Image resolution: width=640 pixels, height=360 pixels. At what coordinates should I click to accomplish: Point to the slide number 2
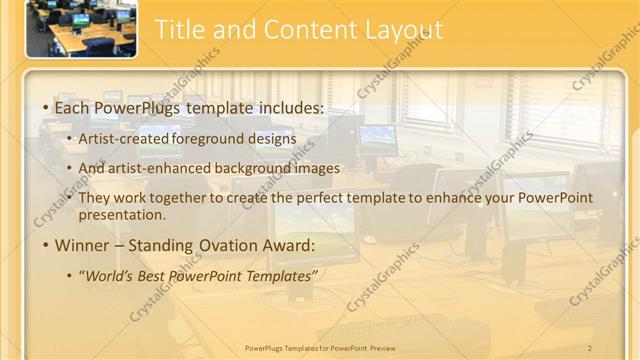click(590, 347)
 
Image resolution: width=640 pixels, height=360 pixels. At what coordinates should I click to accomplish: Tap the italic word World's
click(107, 273)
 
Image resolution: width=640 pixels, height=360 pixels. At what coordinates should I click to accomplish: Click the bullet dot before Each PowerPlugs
click(46, 107)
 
